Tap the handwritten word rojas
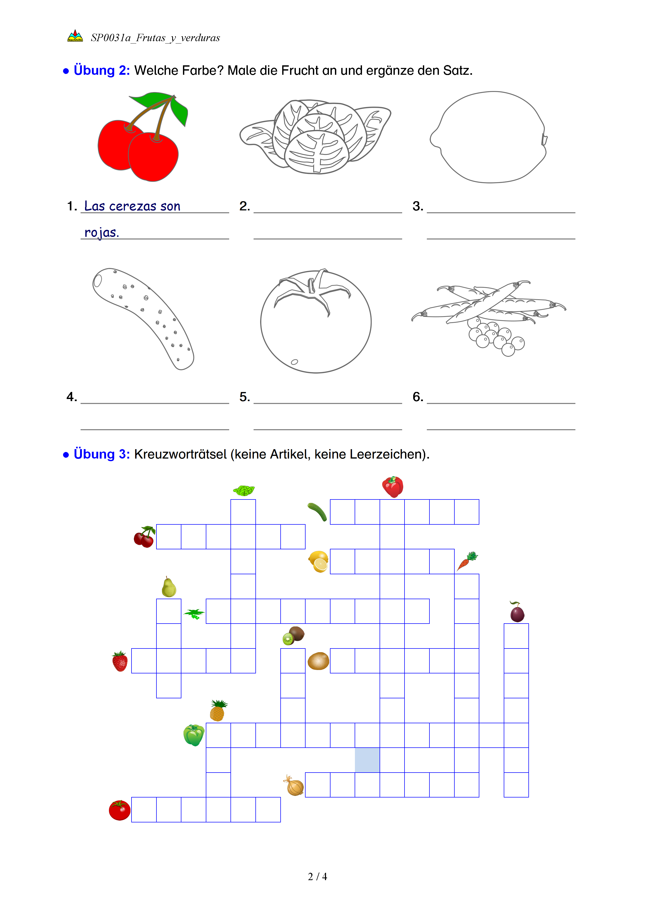pos(101,232)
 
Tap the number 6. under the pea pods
pos(418,397)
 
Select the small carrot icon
pos(467,561)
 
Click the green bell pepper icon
pos(194,735)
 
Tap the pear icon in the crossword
pos(169,587)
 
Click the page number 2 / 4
pos(317,877)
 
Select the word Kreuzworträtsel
pos(180,454)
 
